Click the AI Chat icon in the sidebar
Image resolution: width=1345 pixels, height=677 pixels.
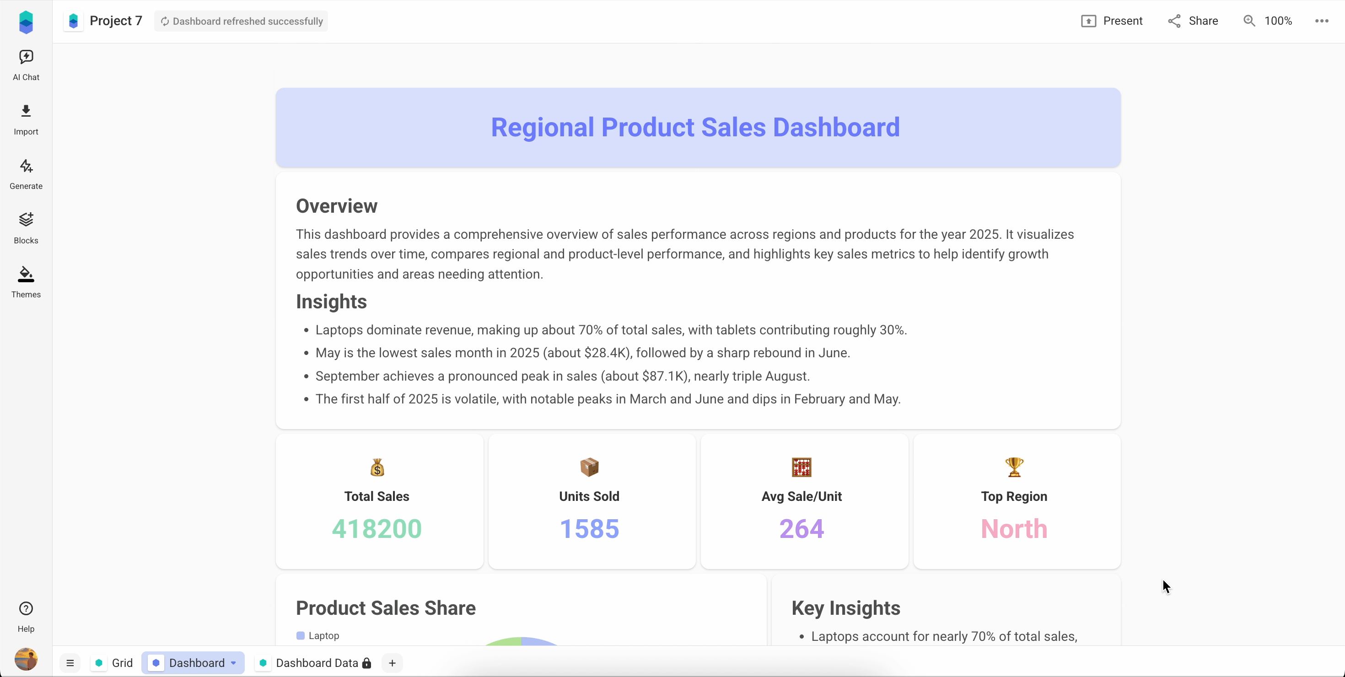(x=26, y=57)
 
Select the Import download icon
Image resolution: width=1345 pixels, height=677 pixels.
(x=26, y=111)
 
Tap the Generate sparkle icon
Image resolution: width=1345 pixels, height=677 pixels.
(x=26, y=167)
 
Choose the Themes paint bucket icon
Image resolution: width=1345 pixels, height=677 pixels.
(x=26, y=274)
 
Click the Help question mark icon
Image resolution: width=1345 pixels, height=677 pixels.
(x=26, y=609)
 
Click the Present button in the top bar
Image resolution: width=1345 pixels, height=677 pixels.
(x=1112, y=21)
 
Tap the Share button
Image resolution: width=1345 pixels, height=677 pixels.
(x=1193, y=21)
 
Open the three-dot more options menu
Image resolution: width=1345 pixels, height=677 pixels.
(x=1322, y=21)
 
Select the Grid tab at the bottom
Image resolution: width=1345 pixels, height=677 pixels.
(x=114, y=663)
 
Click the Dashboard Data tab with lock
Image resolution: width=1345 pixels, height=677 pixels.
(x=316, y=663)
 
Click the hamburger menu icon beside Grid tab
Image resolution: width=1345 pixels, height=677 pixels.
(x=70, y=663)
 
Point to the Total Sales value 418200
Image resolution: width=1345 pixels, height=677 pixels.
(x=377, y=529)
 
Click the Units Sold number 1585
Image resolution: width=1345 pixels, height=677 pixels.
(x=589, y=529)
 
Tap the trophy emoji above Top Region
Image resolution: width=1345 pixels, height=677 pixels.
(x=1014, y=467)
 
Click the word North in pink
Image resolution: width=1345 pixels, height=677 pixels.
(x=1014, y=529)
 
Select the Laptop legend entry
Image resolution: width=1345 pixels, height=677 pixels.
(x=318, y=636)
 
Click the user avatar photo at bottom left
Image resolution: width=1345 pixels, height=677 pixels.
(x=26, y=659)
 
